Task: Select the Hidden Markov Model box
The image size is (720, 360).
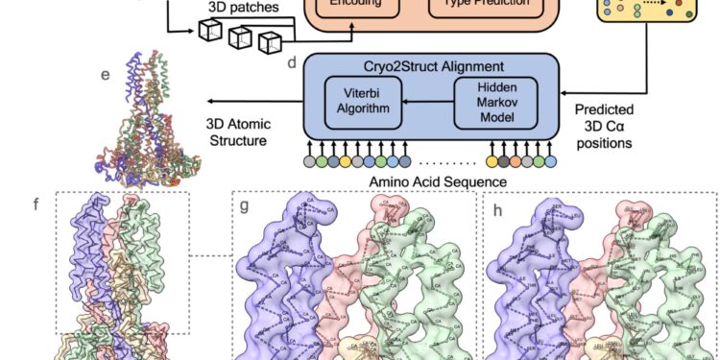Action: pyautogui.click(x=495, y=102)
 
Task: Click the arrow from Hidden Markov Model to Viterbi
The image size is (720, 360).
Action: pyautogui.click(x=428, y=102)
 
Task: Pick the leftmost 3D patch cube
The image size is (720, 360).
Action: pyautogui.click(x=211, y=31)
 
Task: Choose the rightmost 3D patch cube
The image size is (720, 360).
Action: pyautogui.click(x=273, y=41)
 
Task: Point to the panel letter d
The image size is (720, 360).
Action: pyautogui.click(x=291, y=61)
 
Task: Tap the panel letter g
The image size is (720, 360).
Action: pyautogui.click(x=245, y=205)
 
